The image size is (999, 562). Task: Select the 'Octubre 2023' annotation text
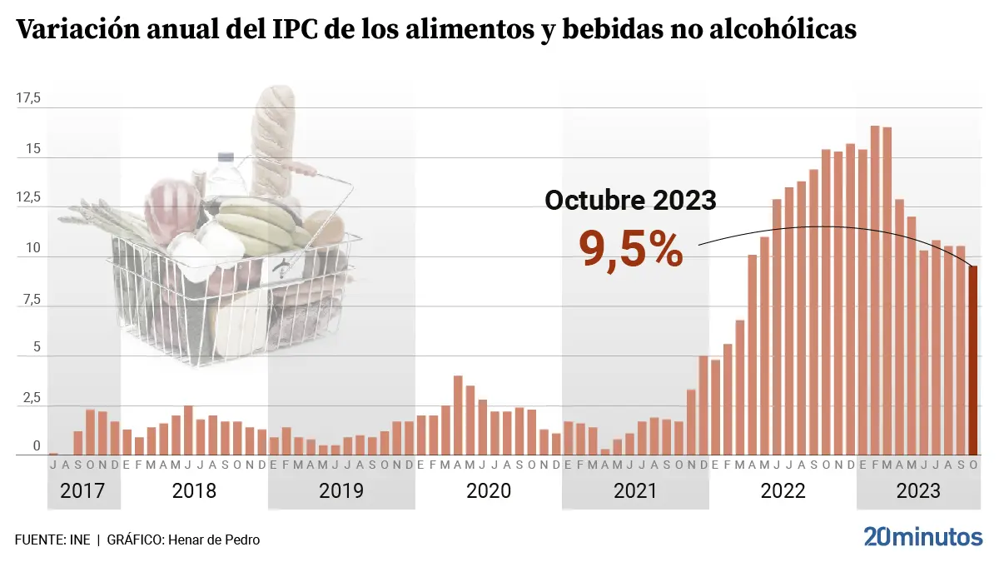pyautogui.click(x=630, y=200)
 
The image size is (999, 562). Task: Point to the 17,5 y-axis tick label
pyautogui.click(x=28, y=99)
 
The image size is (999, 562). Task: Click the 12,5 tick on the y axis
pyautogui.click(x=28, y=198)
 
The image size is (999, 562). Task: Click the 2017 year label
pyautogui.click(x=83, y=490)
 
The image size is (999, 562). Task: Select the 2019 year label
pyautogui.click(x=341, y=490)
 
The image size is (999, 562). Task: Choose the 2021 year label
pyautogui.click(x=635, y=490)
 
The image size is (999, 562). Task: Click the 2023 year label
pyautogui.click(x=918, y=490)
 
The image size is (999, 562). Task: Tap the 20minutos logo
pyautogui.click(x=922, y=537)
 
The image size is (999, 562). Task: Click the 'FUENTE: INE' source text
pyautogui.click(x=52, y=540)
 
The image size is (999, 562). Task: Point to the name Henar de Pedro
pyautogui.click(x=214, y=540)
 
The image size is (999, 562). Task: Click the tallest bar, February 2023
pyautogui.click(x=875, y=291)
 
